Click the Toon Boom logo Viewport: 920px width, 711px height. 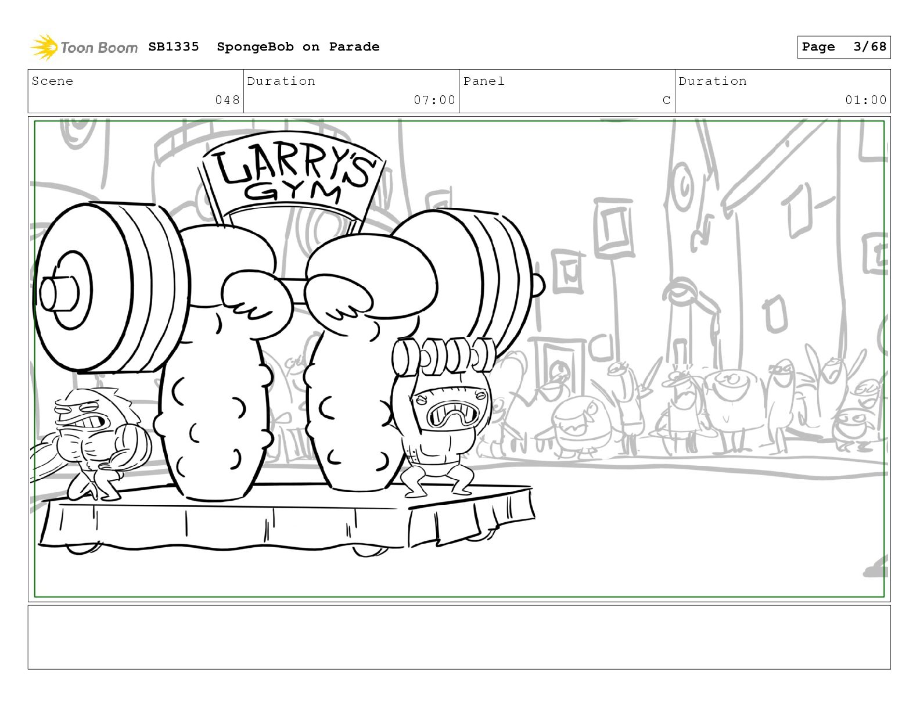coord(84,47)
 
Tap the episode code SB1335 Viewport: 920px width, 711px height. coord(174,46)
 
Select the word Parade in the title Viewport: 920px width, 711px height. coord(354,46)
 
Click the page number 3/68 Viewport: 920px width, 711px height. coord(869,46)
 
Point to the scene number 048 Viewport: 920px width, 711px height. coord(227,100)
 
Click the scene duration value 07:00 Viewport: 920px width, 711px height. coord(434,100)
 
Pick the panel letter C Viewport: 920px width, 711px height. coord(666,100)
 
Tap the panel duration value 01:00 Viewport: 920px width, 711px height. coord(866,100)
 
